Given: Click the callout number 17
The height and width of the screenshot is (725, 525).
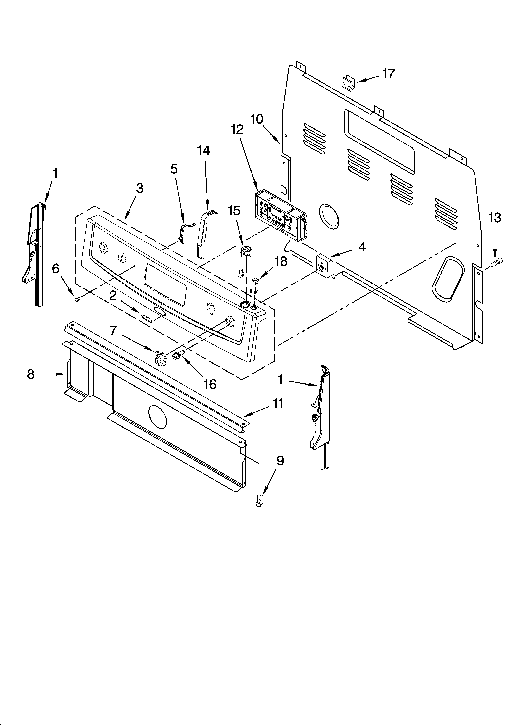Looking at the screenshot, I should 389,74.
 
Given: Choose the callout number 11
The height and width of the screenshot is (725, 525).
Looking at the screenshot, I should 278,403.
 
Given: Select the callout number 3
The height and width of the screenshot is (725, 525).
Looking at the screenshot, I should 139,189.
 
